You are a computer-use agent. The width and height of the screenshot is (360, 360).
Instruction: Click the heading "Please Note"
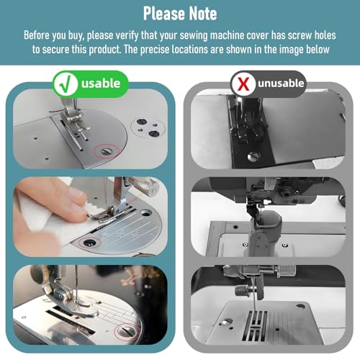point(180,14)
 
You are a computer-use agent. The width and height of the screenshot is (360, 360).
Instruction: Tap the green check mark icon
point(66,84)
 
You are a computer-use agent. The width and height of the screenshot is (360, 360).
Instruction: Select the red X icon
point(243,84)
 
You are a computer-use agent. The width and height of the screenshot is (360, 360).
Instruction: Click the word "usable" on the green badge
point(101,84)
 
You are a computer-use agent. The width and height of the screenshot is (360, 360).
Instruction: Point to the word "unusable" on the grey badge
point(281,83)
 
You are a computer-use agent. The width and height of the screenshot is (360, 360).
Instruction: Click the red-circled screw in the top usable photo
point(107,151)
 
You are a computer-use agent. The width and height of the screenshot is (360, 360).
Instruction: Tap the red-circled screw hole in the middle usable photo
point(89,243)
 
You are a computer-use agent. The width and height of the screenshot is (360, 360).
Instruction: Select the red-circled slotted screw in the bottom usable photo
point(126,331)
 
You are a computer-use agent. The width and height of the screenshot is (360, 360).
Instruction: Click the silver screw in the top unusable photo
point(253,156)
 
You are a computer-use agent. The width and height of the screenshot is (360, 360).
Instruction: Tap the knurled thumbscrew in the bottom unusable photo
point(241,291)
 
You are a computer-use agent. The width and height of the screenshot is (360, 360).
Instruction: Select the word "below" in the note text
point(318,50)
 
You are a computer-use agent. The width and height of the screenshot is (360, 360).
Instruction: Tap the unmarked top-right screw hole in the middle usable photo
point(145,212)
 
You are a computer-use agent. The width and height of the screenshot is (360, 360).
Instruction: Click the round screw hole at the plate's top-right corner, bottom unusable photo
point(300,307)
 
